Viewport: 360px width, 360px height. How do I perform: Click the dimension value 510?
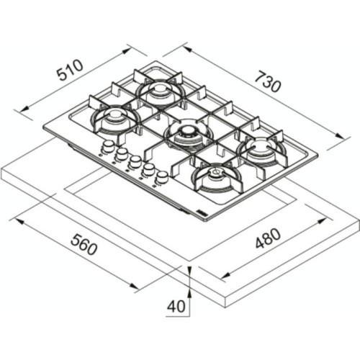[x=70, y=70]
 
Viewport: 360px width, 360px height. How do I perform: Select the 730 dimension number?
[x=266, y=84]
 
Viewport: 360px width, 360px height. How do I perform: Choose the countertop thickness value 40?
[x=176, y=306]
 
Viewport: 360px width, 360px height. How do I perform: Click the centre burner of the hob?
[x=187, y=132]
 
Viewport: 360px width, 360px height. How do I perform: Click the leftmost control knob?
[x=107, y=147]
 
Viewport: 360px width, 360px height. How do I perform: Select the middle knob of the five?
[x=135, y=161]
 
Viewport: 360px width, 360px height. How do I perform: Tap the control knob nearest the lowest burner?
[x=163, y=176]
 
